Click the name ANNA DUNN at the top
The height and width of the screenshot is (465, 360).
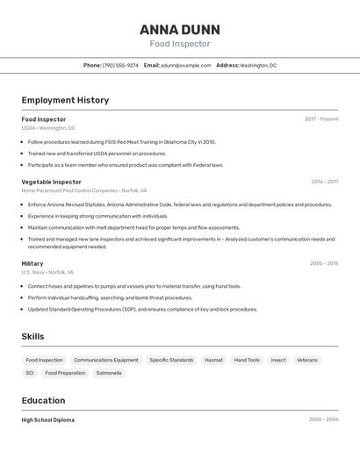click(180, 29)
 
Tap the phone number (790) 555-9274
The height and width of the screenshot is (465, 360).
click(120, 65)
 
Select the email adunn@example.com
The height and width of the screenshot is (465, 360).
click(185, 65)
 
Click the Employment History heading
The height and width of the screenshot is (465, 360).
click(65, 100)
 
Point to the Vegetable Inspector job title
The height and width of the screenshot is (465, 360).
click(51, 182)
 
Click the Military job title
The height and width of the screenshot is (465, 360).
click(32, 263)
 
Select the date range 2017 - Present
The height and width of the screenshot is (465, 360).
click(321, 118)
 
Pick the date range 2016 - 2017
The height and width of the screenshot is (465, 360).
click(324, 182)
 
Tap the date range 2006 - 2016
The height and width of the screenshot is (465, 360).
click(324, 263)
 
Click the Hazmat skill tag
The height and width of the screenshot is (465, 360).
click(213, 360)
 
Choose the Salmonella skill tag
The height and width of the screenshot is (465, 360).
click(109, 373)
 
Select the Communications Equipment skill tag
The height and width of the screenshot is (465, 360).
click(105, 360)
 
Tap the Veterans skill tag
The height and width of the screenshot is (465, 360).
click(307, 360)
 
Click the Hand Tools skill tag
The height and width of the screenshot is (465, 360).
click(247, 360)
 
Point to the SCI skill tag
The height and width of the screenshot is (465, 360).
click(30, 373)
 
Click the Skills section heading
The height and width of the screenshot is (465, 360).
click(32, 336)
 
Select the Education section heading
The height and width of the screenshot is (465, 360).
click(43, 400)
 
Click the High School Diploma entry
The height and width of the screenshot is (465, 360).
click(48, 419)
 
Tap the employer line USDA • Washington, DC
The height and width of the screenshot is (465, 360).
click(48, 128)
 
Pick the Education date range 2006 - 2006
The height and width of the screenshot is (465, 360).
click(323, 419)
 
